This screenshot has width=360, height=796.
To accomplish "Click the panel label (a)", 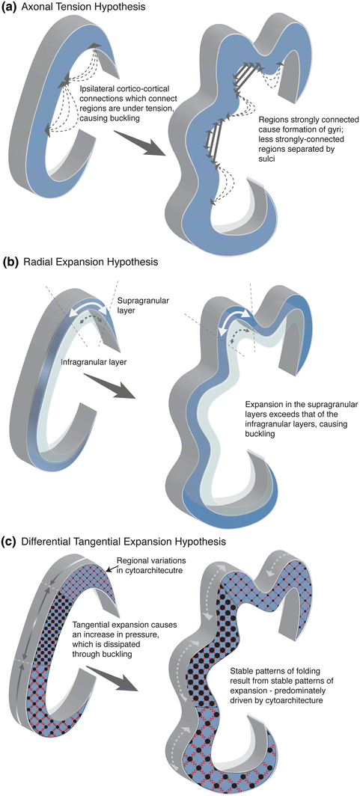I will point(10,7).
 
